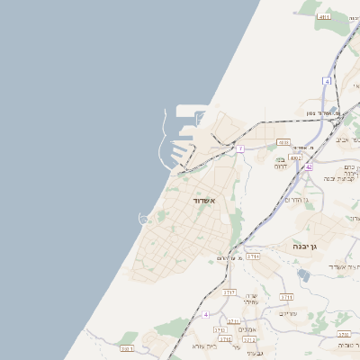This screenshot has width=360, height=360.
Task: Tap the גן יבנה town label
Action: pyautogui.click(x=307, y=245)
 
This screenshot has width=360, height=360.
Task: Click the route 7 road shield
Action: pyautogui.click(x=240, y=147)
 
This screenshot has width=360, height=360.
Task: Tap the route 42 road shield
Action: pyautogui.click(x=308, y=166)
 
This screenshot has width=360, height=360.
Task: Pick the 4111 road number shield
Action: pyautogui.click(x=325, y=16)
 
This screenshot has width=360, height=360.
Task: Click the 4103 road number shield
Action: pyautogui.click(x=283, y=142)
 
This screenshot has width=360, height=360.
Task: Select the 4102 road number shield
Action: pyautogui.click(x=295, y=157)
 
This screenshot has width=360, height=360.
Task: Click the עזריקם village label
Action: pyautogui.click(x=289, y=313)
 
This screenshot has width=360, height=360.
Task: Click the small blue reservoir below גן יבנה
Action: pyautogui.click(x=303, y=275)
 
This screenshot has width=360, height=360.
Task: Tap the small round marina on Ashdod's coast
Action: pyautogui.click(x=143, y=219)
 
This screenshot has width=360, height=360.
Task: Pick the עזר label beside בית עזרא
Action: pyautogui.click(x=236, y=346)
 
